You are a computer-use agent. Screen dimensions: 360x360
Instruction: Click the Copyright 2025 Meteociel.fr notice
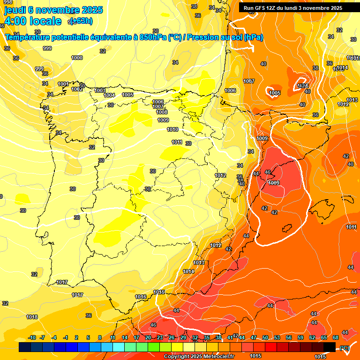[x=199, y=357]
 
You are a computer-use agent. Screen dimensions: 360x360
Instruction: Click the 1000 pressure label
[x=77, y=58]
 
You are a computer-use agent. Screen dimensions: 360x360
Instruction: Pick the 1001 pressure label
[x=63, y=84]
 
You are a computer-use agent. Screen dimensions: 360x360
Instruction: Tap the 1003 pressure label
[x=100, y=90]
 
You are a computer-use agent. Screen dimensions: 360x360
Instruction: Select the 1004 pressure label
[x=109, y=95]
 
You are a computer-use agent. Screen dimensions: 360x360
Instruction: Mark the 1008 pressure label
[x=162, y=112]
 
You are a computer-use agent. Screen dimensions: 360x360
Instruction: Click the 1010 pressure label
[x=172, y=129]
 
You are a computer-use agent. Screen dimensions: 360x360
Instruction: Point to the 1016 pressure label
[x=141, y=297]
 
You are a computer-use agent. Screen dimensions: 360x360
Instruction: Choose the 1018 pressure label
[x=32, y=317]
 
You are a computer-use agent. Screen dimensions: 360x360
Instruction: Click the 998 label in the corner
[x=8, y=2]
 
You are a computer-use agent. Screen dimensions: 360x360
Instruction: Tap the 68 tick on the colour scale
[x=336, y=337]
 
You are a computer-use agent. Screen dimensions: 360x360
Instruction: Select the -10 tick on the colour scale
[x=32, y=337]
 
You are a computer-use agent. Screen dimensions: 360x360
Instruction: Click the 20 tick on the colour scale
[x=148, y=337]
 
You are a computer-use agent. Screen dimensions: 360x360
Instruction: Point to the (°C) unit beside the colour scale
[x=345, y=347]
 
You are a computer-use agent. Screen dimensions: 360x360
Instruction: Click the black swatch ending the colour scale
[x=330, y=347]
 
